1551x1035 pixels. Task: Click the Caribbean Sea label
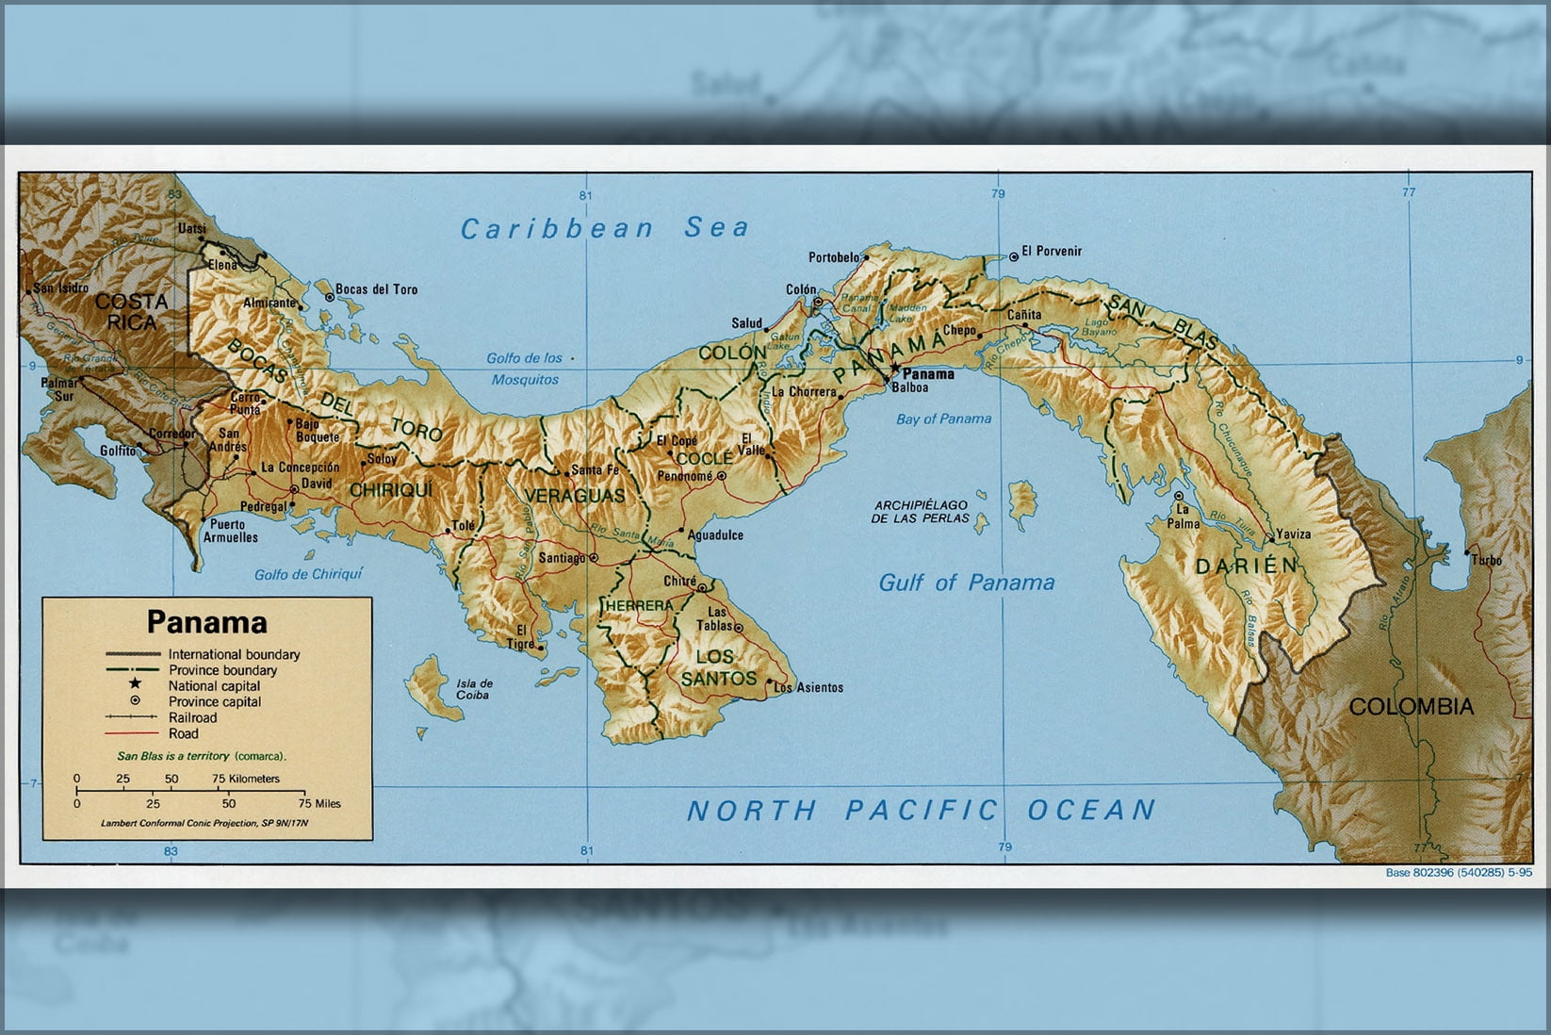[604, 228]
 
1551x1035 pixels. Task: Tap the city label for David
[317, 484]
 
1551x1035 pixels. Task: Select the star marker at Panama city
[894, 369]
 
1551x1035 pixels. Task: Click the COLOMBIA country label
[1411, 707]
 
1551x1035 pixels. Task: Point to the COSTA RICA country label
[132, 311]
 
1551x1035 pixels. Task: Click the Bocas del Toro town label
[376, 289]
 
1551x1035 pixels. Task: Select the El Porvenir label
[1052, 252]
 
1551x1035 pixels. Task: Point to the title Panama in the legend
[206, 622]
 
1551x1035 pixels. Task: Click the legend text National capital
[214, 686]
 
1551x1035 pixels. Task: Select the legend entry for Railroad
[192, 717]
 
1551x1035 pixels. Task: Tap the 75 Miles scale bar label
[319, 804]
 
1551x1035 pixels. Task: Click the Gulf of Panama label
[966, 583]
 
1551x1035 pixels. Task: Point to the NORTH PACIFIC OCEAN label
[921, 810]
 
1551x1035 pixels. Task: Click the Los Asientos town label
[808, 688]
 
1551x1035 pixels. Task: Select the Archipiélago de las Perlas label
[920, 512]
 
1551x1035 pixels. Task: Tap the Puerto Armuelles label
[233, 531]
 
